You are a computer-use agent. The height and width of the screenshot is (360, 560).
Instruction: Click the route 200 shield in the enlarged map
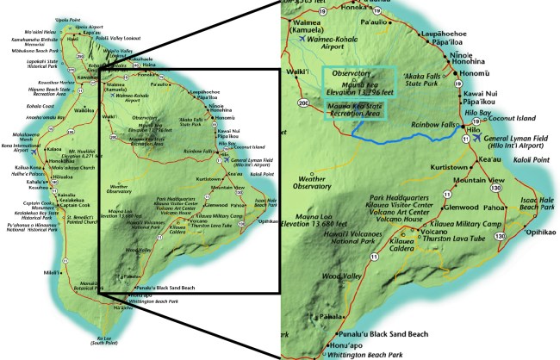pyautogui.click(x=302, y=103)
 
